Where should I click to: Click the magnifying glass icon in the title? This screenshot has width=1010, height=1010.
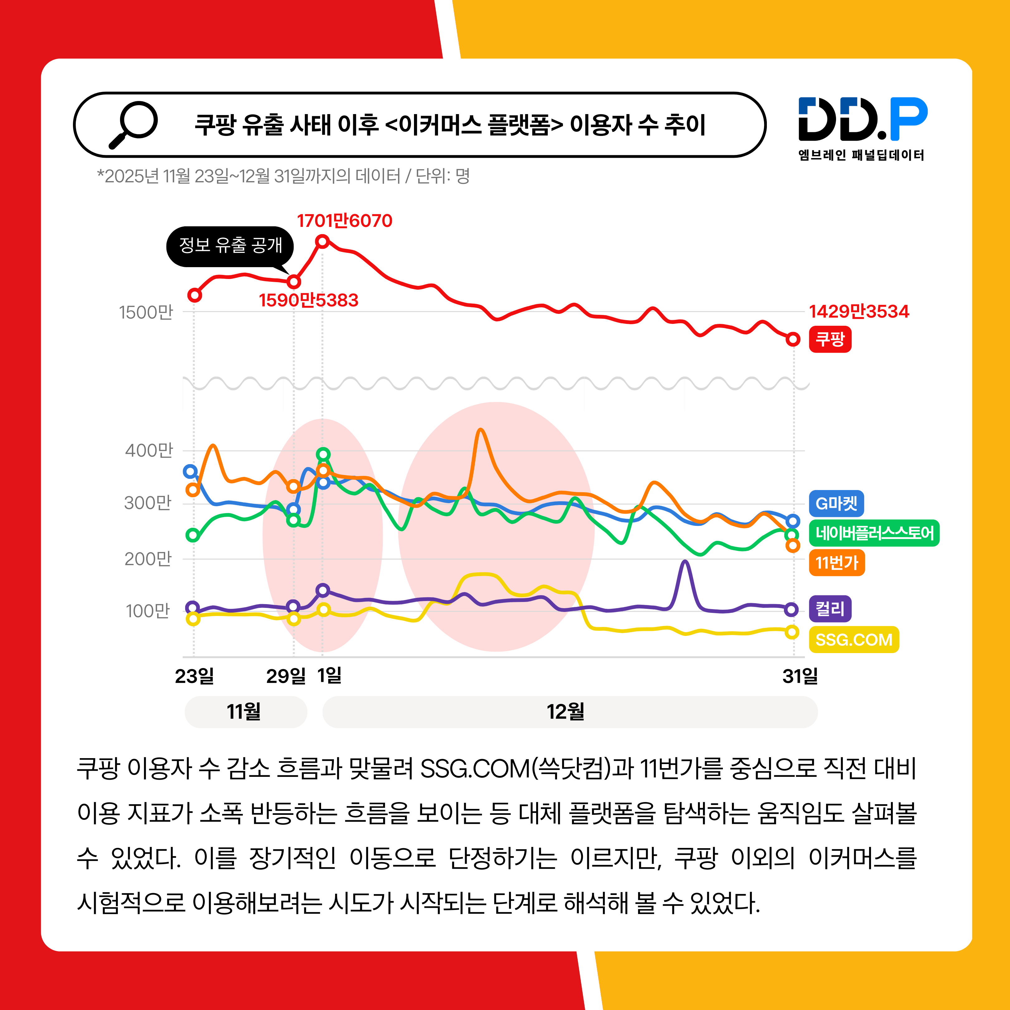click(x=133, y=124)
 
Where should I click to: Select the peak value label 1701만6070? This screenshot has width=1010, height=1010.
click(x=344, y=221)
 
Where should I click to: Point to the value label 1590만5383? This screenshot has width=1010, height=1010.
click(x=308, y=300)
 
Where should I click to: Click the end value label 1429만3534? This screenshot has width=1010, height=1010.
click(x=859, y=312)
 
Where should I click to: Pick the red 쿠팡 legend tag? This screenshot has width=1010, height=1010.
click(x=830, y=339)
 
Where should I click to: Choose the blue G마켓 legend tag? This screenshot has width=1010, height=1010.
click(x=836, y=503)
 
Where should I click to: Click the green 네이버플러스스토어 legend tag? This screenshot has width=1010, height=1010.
click(x=874, y=533)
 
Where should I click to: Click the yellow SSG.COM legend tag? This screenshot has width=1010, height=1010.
click(x=854, y=639)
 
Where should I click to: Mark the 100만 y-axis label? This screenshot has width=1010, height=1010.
click(x=148, y=611)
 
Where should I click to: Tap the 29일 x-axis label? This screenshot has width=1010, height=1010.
click(x=286, y=676)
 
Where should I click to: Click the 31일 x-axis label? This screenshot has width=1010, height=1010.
click(x=800, y=676)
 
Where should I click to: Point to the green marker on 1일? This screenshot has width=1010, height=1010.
click(x=323, y=454)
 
